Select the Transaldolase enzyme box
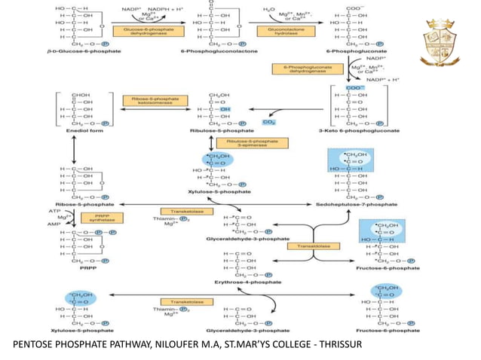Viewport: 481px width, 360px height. click(x=317, y=246)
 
